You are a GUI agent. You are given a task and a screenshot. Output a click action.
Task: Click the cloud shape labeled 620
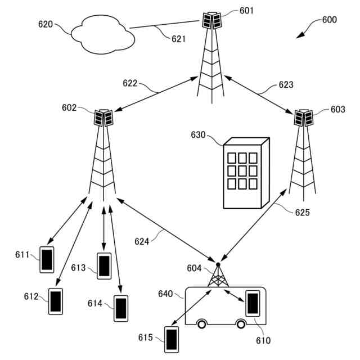(102, 34)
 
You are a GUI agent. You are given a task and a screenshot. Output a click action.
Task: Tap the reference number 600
(330, 20)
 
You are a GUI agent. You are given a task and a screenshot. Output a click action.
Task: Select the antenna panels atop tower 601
(211, 21)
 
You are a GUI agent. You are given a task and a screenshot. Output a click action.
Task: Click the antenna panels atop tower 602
(103, 118)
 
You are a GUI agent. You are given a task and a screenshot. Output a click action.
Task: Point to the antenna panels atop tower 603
(304, 118)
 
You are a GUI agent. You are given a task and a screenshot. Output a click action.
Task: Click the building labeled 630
(246, 173)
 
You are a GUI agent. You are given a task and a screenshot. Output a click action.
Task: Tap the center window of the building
(242, 171)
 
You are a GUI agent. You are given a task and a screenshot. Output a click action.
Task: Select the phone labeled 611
(47, 260)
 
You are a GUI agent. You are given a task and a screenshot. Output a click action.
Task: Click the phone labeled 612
(56, 301)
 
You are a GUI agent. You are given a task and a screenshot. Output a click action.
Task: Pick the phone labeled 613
(104, 266)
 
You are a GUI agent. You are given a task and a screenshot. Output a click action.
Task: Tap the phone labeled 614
(121, 308)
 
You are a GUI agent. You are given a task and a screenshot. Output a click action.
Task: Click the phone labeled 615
(172, 340)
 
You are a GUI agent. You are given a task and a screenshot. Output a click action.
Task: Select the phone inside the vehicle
(253, 303)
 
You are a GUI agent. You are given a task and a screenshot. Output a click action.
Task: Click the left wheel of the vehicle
(201, 325)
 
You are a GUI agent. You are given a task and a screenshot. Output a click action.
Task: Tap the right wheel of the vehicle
(241, 325)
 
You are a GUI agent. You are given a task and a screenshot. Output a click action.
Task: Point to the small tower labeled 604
(218, 275)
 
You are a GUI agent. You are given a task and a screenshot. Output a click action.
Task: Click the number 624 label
(142, 241)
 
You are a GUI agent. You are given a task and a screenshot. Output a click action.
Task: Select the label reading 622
(130, 83)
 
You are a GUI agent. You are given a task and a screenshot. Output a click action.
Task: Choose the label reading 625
(303, 213)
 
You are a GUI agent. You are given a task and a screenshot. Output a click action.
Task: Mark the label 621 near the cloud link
(178, 39)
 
